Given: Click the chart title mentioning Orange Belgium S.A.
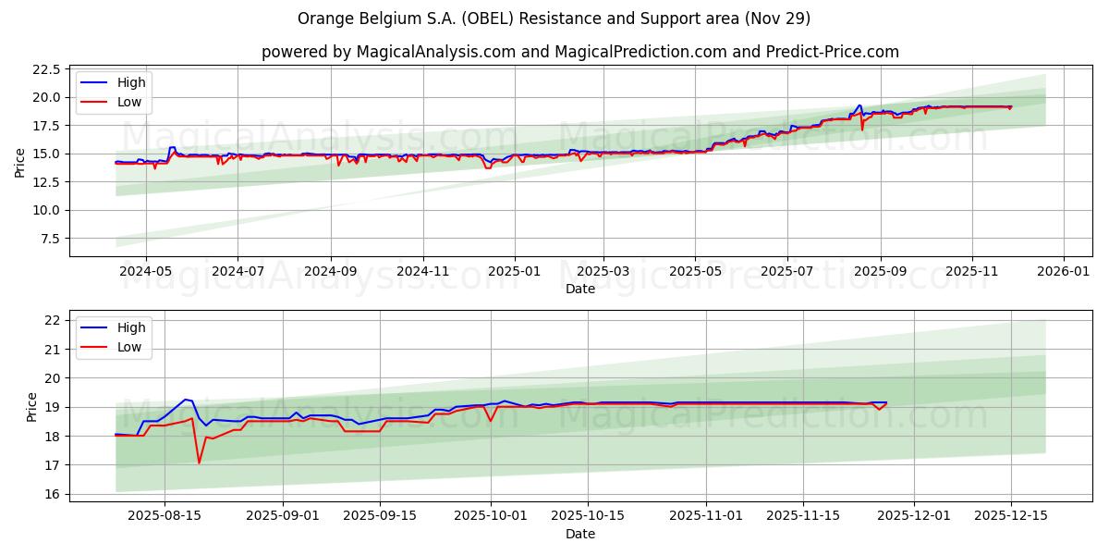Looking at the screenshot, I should (554, 18).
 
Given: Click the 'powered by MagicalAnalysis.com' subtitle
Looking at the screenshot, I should (579, 52).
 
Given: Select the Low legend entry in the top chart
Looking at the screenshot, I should (129, 102).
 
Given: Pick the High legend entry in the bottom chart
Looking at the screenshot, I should (131, 327).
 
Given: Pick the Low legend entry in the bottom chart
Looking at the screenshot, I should (129, 347).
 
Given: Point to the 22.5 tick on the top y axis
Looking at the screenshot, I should (47, 69).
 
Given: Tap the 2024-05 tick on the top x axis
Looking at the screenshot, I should (147, 272).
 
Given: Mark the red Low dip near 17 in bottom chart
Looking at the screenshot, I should (199, 462).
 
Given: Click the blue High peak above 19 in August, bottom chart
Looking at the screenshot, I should (186, 400).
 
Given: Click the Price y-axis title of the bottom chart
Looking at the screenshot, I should (32, 407).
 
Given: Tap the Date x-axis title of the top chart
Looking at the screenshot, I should (579, 289).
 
